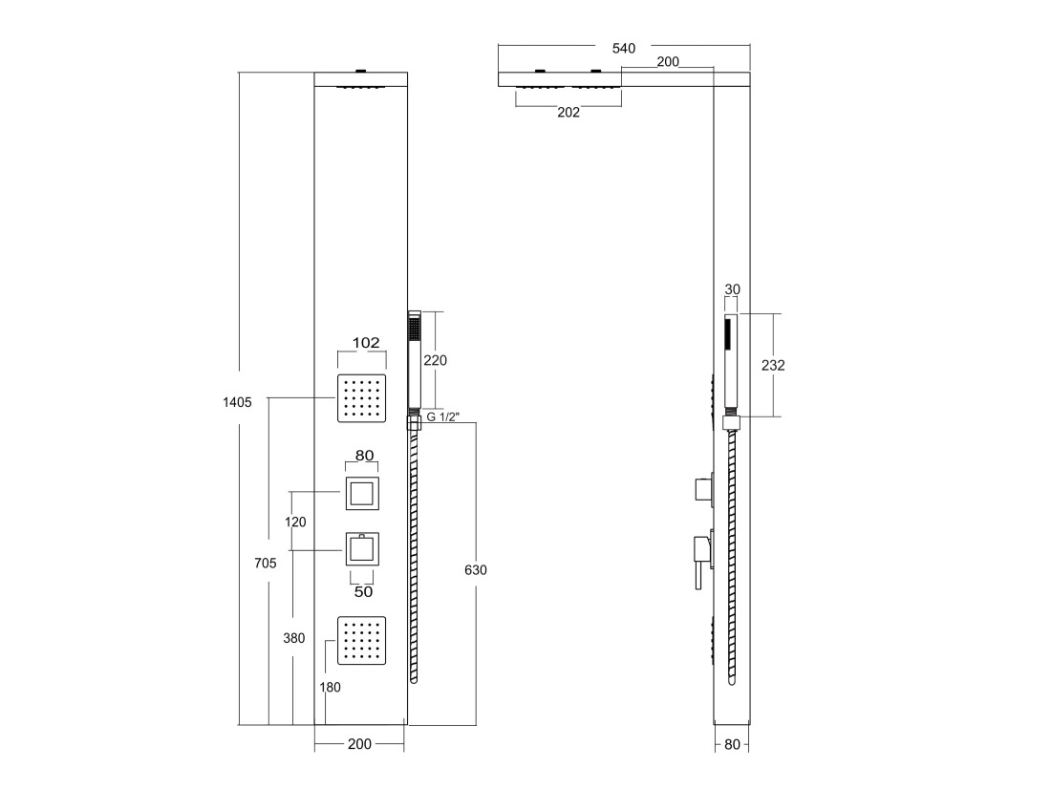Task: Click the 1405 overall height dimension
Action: click(237, 402)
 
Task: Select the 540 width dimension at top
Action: click(623, 49)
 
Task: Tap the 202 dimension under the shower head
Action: click(568, 112)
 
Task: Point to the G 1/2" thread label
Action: click(443, 417)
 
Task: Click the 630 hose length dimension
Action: click(476, 570)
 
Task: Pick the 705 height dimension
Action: click(266, 563)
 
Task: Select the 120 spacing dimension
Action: click(295, 522)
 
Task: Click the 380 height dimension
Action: click(293, 638)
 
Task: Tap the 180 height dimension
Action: click(330, 687)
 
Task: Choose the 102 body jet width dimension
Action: click(366, 343)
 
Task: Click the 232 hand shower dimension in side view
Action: click(773, 365)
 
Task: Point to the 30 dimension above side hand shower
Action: click(733, 289)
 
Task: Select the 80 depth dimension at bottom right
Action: click(733, 744)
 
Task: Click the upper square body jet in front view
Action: click(362, 398)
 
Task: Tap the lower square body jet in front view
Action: click(362, 640)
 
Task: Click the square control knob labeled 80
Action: click(363, 494)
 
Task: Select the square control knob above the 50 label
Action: click(363, 549)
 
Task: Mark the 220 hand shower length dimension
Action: click(435, 360)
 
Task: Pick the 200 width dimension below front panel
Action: click(359, 744)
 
